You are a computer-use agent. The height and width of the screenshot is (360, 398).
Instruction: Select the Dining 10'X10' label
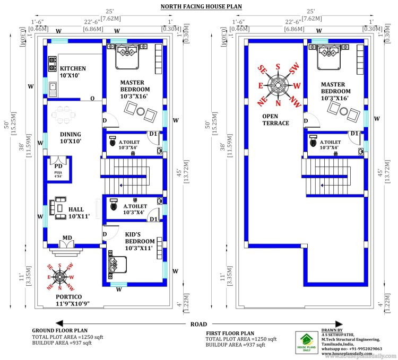[x=70, y=138]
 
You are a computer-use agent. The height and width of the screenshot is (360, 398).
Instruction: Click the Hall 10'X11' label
[x=79, y=212]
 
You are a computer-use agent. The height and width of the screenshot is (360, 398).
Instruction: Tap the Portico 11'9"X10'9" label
[x=69, y=301]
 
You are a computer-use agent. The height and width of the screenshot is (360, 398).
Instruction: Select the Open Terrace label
[x=275, y=119]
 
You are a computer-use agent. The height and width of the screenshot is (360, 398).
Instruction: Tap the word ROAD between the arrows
[x=200, y=323]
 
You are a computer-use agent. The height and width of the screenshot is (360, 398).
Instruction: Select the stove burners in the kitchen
[x=53, y=64]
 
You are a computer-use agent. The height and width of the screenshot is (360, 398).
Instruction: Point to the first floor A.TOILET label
[x=330, y=144]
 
